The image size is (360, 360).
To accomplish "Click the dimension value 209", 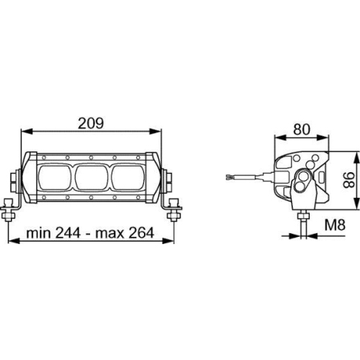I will pyautogui.click(x=91, y=123).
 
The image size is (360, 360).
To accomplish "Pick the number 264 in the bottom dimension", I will pyautogui.click(x=141, y=233).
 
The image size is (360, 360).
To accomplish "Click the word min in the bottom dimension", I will pyautogui.click(x=35, y=233).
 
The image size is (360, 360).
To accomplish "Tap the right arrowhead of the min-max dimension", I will pyautogui.click(x=173, y=241).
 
